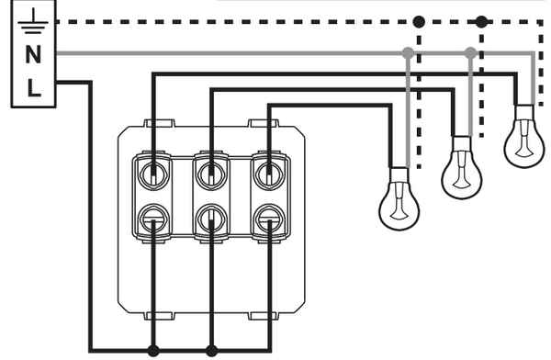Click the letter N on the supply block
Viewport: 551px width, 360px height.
[33, 54]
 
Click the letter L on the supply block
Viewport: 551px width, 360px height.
[34, 88]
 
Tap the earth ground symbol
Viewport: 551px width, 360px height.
[33, 22]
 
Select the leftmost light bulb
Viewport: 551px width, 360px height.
[399, 199]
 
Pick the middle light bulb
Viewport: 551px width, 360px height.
[461, 168]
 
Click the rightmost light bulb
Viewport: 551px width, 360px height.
[524, 137]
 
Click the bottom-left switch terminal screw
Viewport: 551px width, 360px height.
[153, 219]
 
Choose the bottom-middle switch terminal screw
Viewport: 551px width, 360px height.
[211, 219]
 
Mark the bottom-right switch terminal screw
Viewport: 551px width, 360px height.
[269, 219]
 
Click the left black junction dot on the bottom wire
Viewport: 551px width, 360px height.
[153, 351]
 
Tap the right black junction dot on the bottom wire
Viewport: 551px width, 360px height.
[211, 351]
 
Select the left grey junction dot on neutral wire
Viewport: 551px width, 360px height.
[408, 53]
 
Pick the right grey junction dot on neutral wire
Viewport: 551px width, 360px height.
[470, 53]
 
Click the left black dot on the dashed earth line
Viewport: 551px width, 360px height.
[419, 22]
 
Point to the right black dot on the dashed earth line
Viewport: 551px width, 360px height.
[481, 22]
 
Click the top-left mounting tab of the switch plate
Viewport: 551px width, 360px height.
[160, 123]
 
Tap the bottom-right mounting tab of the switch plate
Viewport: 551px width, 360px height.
[264, 316]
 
